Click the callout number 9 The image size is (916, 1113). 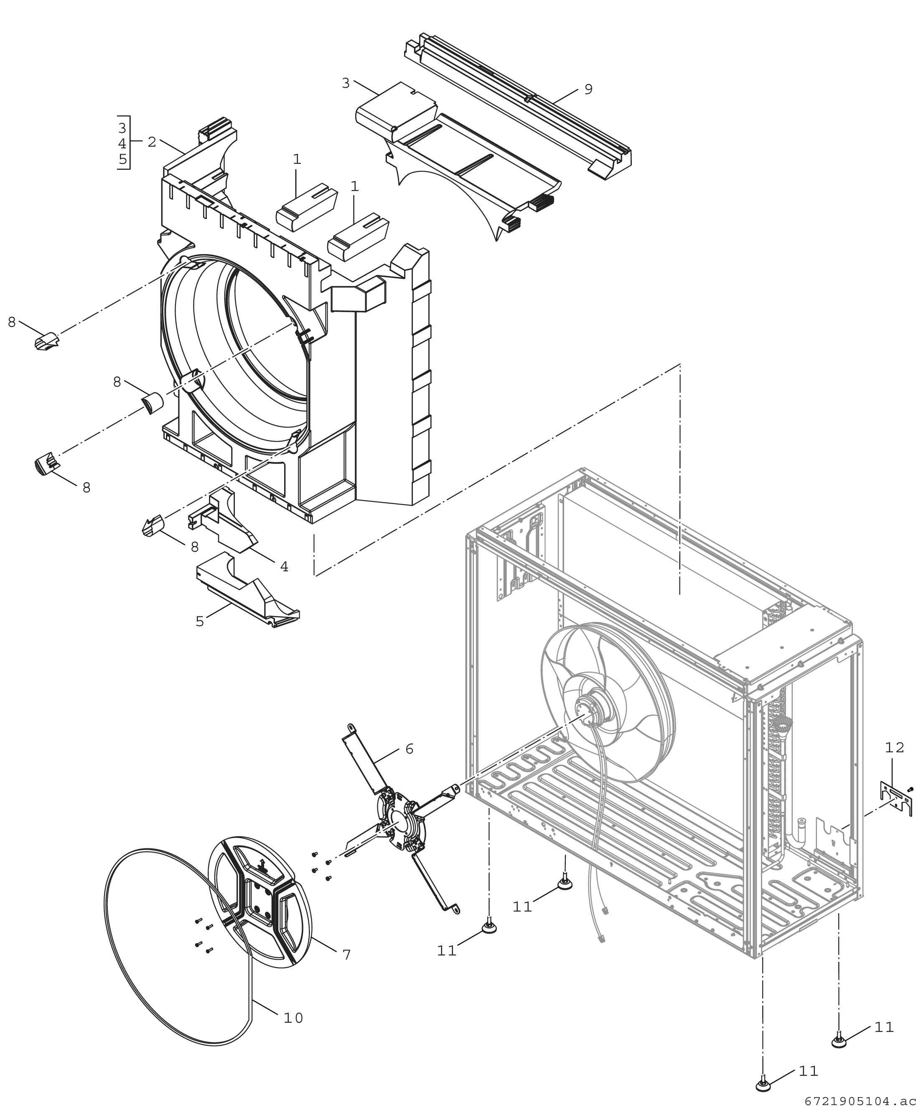[588, 89]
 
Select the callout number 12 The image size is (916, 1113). [894, 747]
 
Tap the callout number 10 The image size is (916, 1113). [293, 1018]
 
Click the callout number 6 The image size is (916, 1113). [410, 749]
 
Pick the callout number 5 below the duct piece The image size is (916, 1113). [199, 621]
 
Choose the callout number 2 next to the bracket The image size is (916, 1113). [152, 142]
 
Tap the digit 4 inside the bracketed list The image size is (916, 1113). [122, 143]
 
